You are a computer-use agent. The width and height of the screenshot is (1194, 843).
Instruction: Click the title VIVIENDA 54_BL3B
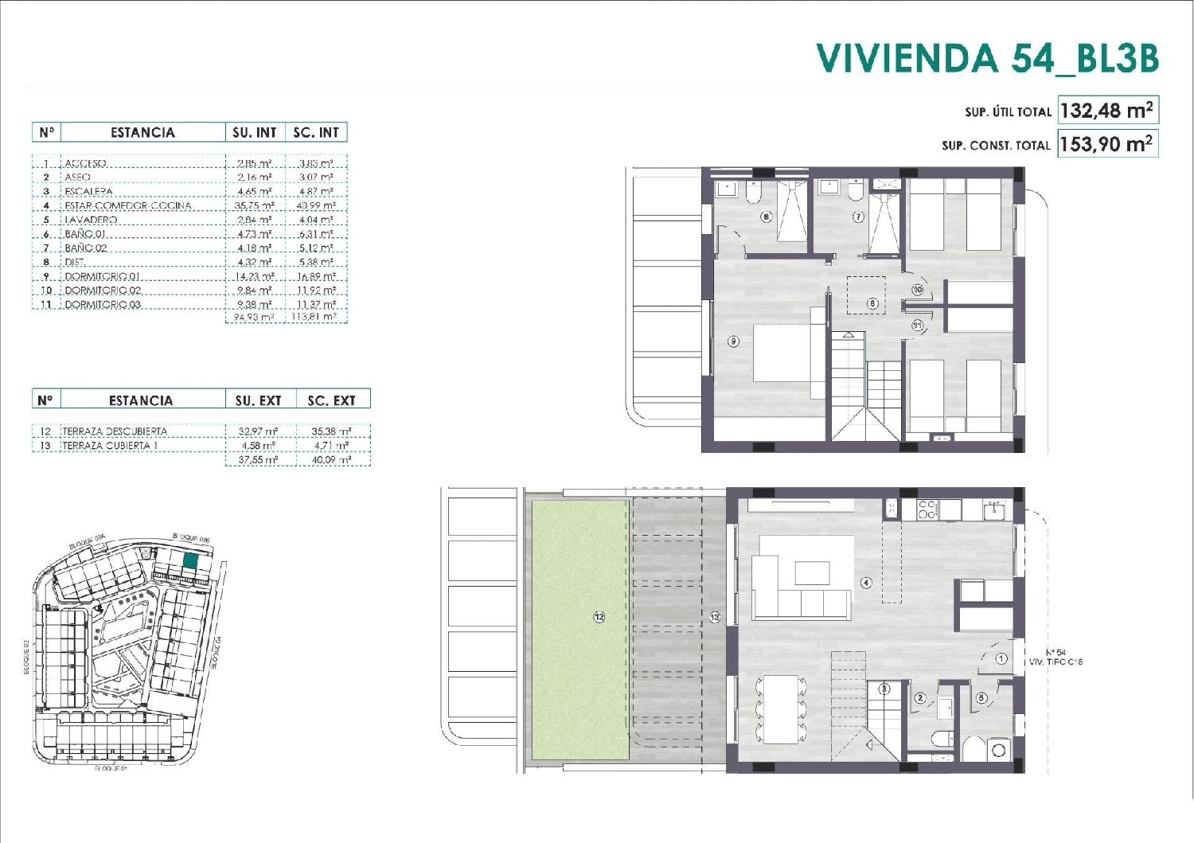pos(987,57)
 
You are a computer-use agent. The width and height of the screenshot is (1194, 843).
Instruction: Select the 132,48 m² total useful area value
pos(1106,111)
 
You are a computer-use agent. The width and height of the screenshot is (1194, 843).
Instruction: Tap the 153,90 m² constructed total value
pos(1106,144)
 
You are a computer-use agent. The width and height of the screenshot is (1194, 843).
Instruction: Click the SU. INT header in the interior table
pos(254,133)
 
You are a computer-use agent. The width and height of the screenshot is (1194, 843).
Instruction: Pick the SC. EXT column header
pos(331,400)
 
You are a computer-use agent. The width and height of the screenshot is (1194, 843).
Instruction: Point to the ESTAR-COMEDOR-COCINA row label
pos(127,205)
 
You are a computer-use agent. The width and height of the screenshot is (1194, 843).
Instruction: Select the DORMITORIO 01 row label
pos(103,276)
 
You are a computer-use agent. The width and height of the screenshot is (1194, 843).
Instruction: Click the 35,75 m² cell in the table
pos(255,205)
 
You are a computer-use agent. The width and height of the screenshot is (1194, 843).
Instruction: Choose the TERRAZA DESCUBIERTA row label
pos(115,431)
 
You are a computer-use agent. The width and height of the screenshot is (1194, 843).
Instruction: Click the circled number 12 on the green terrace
pos(599,617)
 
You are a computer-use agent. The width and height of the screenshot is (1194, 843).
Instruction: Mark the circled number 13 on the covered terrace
pos(714,617)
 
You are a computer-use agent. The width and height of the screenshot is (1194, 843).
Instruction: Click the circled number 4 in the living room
pos(866,583)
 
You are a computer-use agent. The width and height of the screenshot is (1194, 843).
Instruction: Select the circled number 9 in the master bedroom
pos(733,341)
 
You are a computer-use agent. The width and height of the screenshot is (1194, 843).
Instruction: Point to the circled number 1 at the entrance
pos(1001,658)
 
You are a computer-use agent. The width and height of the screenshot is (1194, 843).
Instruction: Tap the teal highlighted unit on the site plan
pos(190,560)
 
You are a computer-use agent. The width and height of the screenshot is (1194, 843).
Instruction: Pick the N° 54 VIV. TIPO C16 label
pos(1055,658)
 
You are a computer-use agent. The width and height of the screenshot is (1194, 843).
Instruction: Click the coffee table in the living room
pos(812,573)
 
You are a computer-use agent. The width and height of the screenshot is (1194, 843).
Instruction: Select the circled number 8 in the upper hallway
pos(872,303)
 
